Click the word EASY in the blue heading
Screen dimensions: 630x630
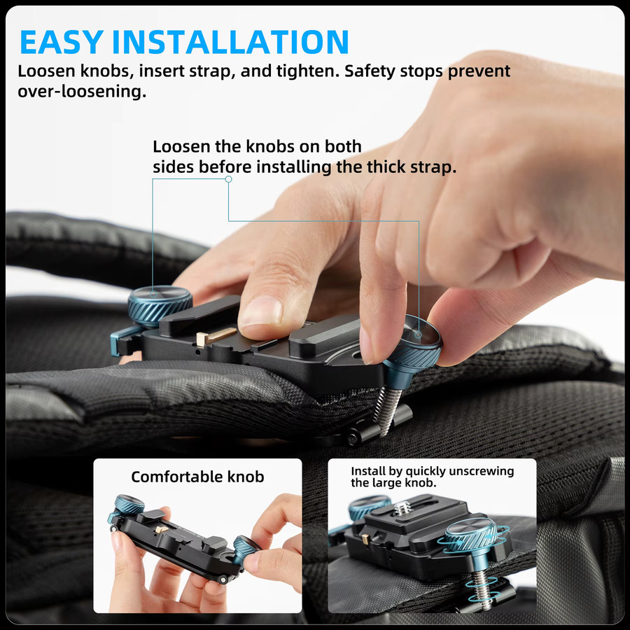61,42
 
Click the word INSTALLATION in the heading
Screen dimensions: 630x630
230,42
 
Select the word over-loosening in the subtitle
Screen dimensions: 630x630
82,92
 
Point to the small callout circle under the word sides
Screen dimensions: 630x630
229,179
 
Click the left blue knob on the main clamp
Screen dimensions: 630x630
160,305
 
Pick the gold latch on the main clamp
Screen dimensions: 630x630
216,336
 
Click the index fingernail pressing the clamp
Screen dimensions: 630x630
261,311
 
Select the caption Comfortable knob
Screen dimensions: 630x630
197,477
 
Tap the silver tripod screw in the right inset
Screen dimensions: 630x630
402,508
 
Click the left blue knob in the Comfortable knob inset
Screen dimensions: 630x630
129,505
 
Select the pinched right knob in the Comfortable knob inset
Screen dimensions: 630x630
245,549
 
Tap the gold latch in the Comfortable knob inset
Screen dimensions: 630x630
162,529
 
